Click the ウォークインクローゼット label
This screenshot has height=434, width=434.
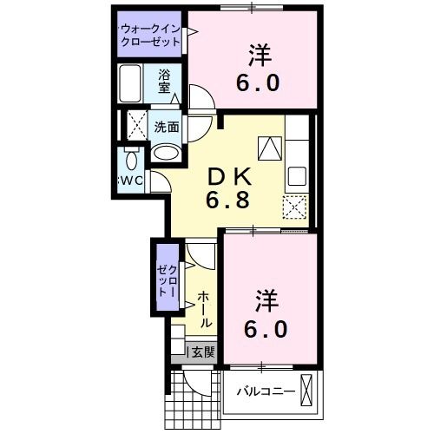pos(150,36)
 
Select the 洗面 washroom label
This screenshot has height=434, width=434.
pos(167,126)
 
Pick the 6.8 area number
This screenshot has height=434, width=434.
pos(227,201)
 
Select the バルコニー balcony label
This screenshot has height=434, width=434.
pos(266,390)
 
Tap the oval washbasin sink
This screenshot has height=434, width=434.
pos(167,154)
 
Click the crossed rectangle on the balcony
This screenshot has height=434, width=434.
pos(306,387)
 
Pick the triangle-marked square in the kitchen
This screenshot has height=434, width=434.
pos(271,148)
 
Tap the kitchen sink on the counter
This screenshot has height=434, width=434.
pos(296,177)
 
